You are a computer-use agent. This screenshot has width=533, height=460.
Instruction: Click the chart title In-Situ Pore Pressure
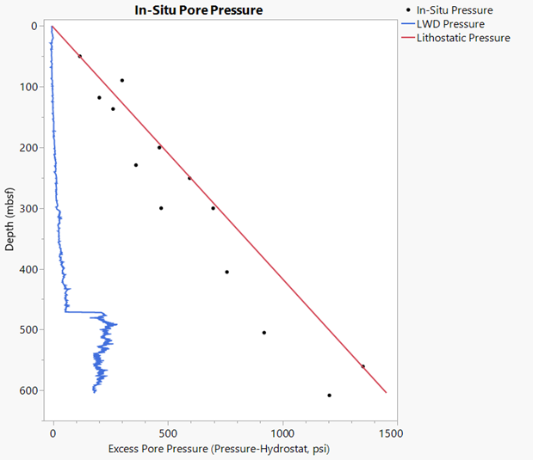pos(198,10)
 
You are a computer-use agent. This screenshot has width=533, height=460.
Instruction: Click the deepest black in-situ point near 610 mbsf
pos(330,396)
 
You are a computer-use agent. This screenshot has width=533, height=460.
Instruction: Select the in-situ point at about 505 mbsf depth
pos(264,333)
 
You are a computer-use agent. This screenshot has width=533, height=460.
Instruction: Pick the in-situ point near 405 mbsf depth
pos(227,272)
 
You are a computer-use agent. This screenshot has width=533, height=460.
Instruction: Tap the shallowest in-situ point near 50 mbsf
pos(80,56)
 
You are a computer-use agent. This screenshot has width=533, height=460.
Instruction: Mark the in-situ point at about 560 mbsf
pos(363,366)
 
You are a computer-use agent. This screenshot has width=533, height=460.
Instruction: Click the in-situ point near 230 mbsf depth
pos(136,165)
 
